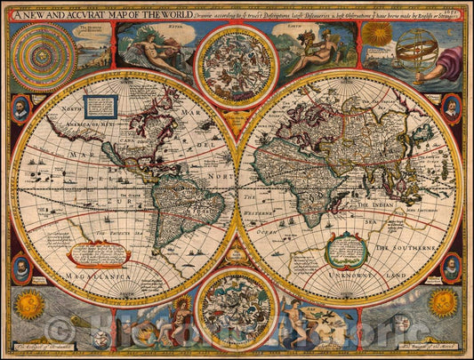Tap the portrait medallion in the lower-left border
pyautogui.click(x=20, y=268)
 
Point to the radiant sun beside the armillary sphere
pyautogui.click(x=378, y=34)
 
